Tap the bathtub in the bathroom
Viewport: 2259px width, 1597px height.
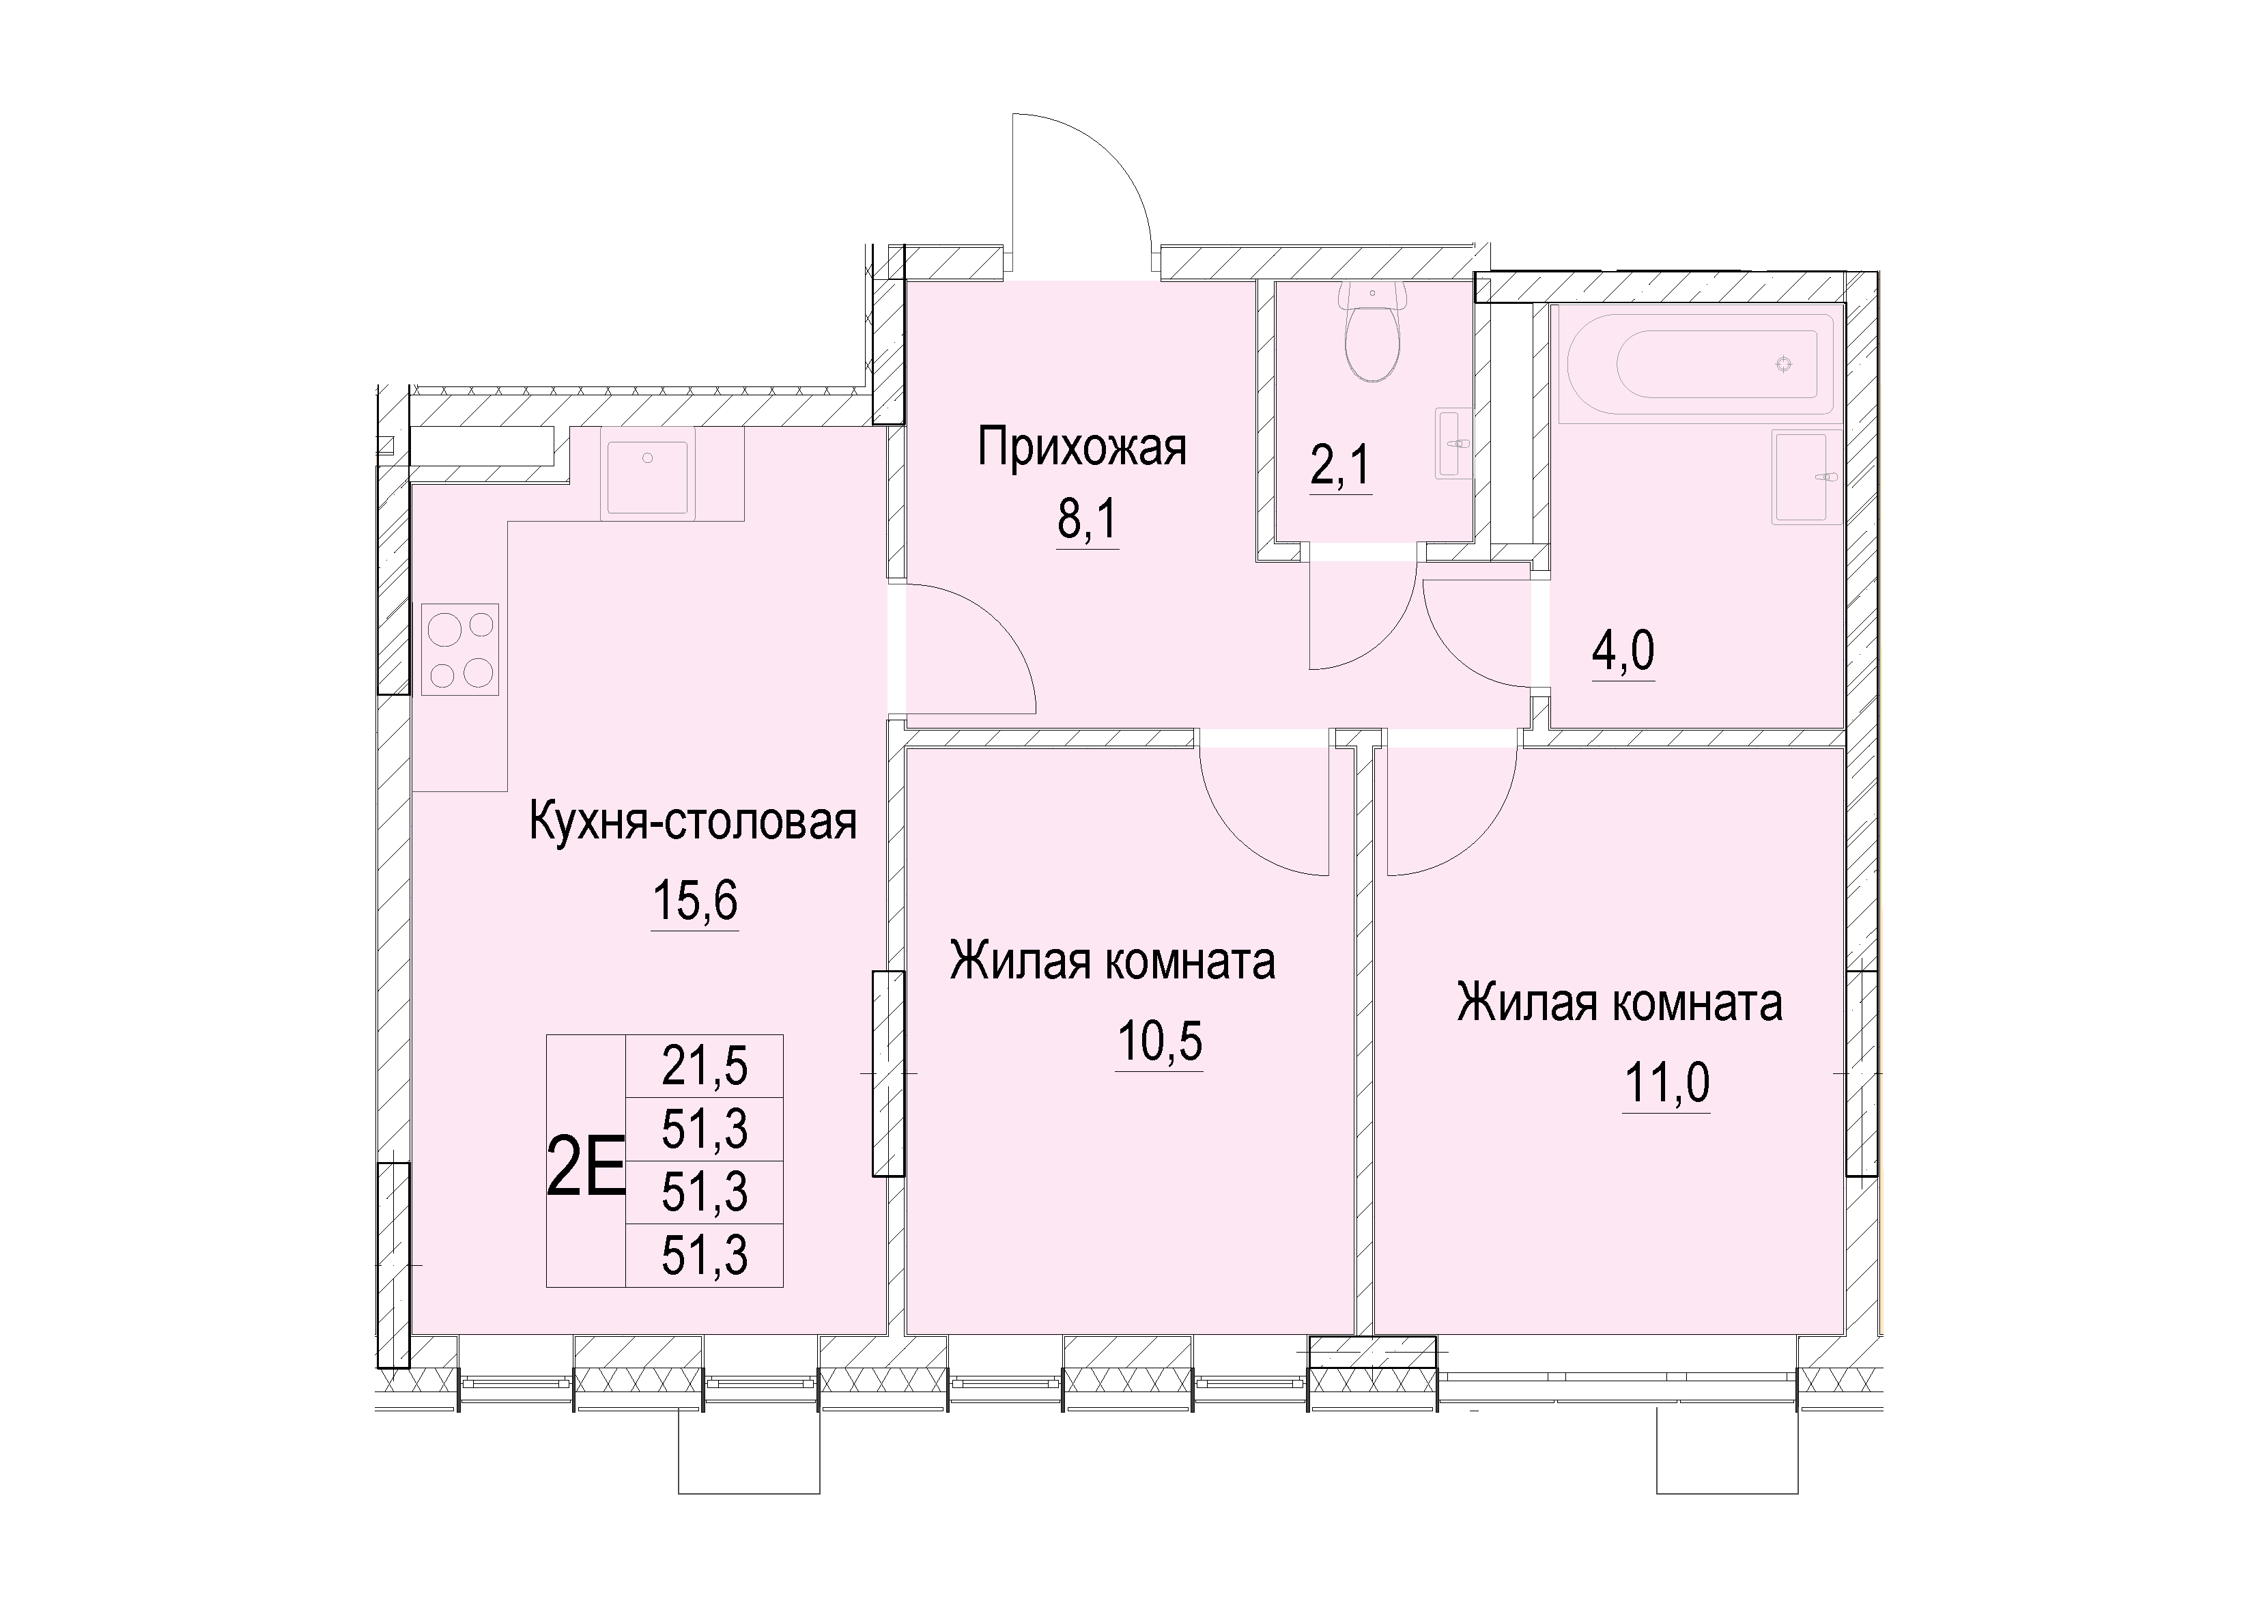(x=1700, y=363)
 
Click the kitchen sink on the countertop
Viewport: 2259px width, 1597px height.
(x=647, y=477)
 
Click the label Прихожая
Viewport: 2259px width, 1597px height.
(x=1082, y=448)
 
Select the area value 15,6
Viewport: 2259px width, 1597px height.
(x=694, y=899)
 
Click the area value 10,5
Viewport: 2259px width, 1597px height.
(x=1160, y=1041)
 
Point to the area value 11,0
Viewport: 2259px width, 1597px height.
(x=1666, y=1084)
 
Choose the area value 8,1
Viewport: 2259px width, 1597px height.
(x=1088, y=520)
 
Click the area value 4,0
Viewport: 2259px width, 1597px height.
(x=1623, y=651)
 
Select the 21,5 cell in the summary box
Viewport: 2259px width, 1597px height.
(x=705, y=1066)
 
